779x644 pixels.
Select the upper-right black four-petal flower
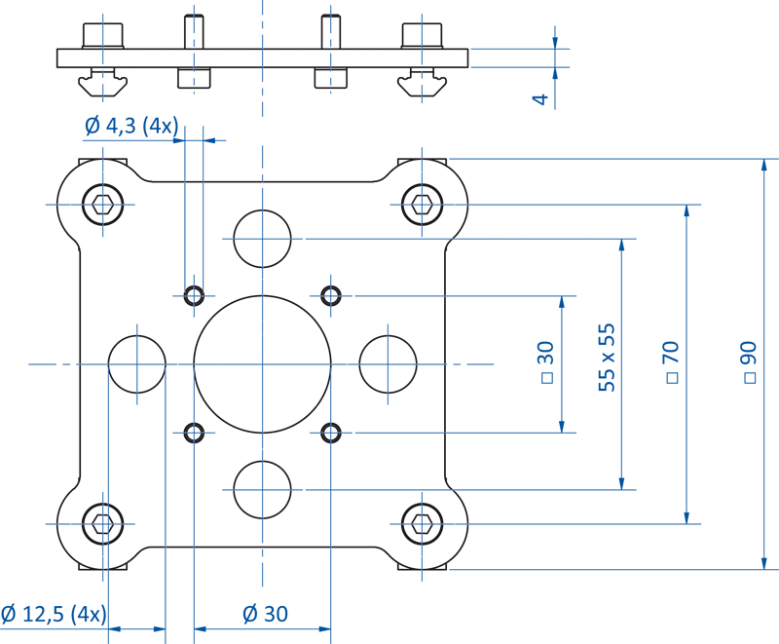click(332, 294)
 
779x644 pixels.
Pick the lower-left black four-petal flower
click(193, 433)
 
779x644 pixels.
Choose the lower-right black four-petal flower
click(332, 433)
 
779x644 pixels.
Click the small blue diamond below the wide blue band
click(194, 182)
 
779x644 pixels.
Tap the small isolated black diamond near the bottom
click(178, 546)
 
